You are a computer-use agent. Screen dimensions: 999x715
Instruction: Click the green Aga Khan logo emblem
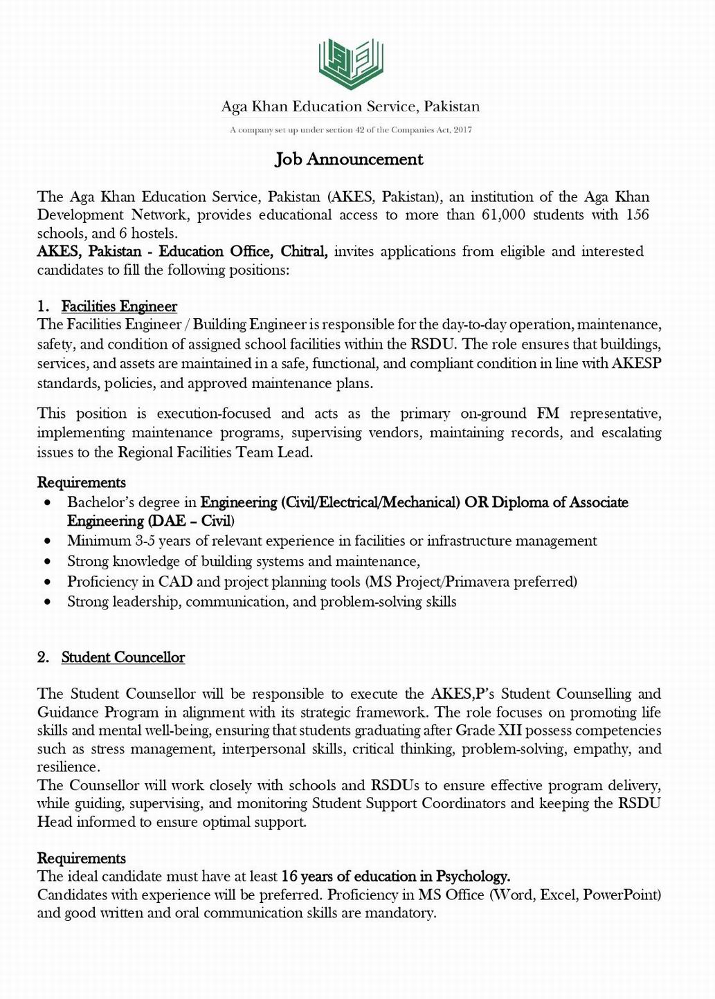[x=350, y=64]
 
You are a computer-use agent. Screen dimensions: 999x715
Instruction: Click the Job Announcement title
[x=349, y=159]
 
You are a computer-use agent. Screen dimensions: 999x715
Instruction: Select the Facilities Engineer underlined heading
[x=119, y=306]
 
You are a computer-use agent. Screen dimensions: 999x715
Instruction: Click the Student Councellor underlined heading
[x=123, y=657]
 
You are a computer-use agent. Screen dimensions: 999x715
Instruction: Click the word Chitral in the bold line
[x=302, y=251]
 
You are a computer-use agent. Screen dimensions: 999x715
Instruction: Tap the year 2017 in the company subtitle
[x=462, y=130]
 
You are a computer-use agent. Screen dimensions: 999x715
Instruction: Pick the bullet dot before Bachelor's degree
[x=47, y=503]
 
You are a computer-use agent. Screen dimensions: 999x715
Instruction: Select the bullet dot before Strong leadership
[x=47, y=602]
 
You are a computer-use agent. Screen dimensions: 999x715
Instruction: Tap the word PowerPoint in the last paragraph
[x=622, y=895]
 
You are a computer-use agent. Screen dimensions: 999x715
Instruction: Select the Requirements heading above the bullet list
[x=82, y=482]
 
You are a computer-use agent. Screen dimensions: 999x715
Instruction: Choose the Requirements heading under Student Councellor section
[x=82, y=859]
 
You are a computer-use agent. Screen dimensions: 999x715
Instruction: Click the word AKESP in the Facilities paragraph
[x=636, y=363]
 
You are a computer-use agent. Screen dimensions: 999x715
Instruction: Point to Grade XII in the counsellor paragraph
[x=485, y=731]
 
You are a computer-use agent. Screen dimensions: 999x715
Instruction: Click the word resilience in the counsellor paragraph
[x=67, y=767]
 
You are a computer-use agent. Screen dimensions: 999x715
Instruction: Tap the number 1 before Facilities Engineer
[x=42, y=306]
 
